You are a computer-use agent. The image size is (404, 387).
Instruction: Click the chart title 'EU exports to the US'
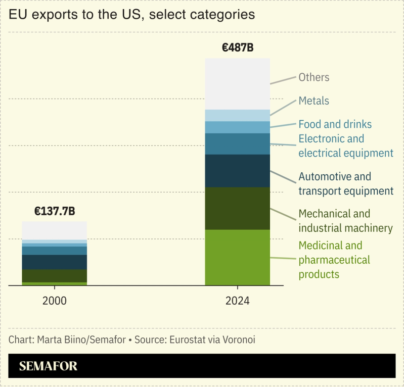[131, 15]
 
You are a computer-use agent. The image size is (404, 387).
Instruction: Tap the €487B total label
[237, 49]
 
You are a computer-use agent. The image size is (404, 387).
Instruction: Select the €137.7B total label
[55, 212]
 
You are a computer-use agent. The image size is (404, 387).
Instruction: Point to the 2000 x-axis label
[54, 301]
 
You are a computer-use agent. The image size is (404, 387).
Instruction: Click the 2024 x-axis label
[237, 301]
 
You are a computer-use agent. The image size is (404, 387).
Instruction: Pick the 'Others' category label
[313, 77]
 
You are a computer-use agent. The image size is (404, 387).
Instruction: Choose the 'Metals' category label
[313, 101]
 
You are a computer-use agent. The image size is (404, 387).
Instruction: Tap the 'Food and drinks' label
[335, 124]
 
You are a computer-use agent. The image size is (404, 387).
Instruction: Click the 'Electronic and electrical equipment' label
[345, 146]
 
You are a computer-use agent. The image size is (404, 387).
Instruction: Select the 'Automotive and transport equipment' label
[345, 184]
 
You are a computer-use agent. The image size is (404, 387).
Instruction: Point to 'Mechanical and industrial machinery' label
[345, 221]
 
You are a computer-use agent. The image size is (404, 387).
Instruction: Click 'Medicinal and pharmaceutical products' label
[334, 260]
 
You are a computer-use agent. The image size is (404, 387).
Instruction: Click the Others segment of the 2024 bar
[237, 84]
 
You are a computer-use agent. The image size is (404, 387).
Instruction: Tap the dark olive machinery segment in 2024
[237, 208]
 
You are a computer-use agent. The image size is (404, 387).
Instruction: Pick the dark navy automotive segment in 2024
[237, 171]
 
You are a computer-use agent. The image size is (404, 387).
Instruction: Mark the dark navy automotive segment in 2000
[54, 262]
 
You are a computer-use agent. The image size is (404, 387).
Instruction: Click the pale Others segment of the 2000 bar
[54, 230]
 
